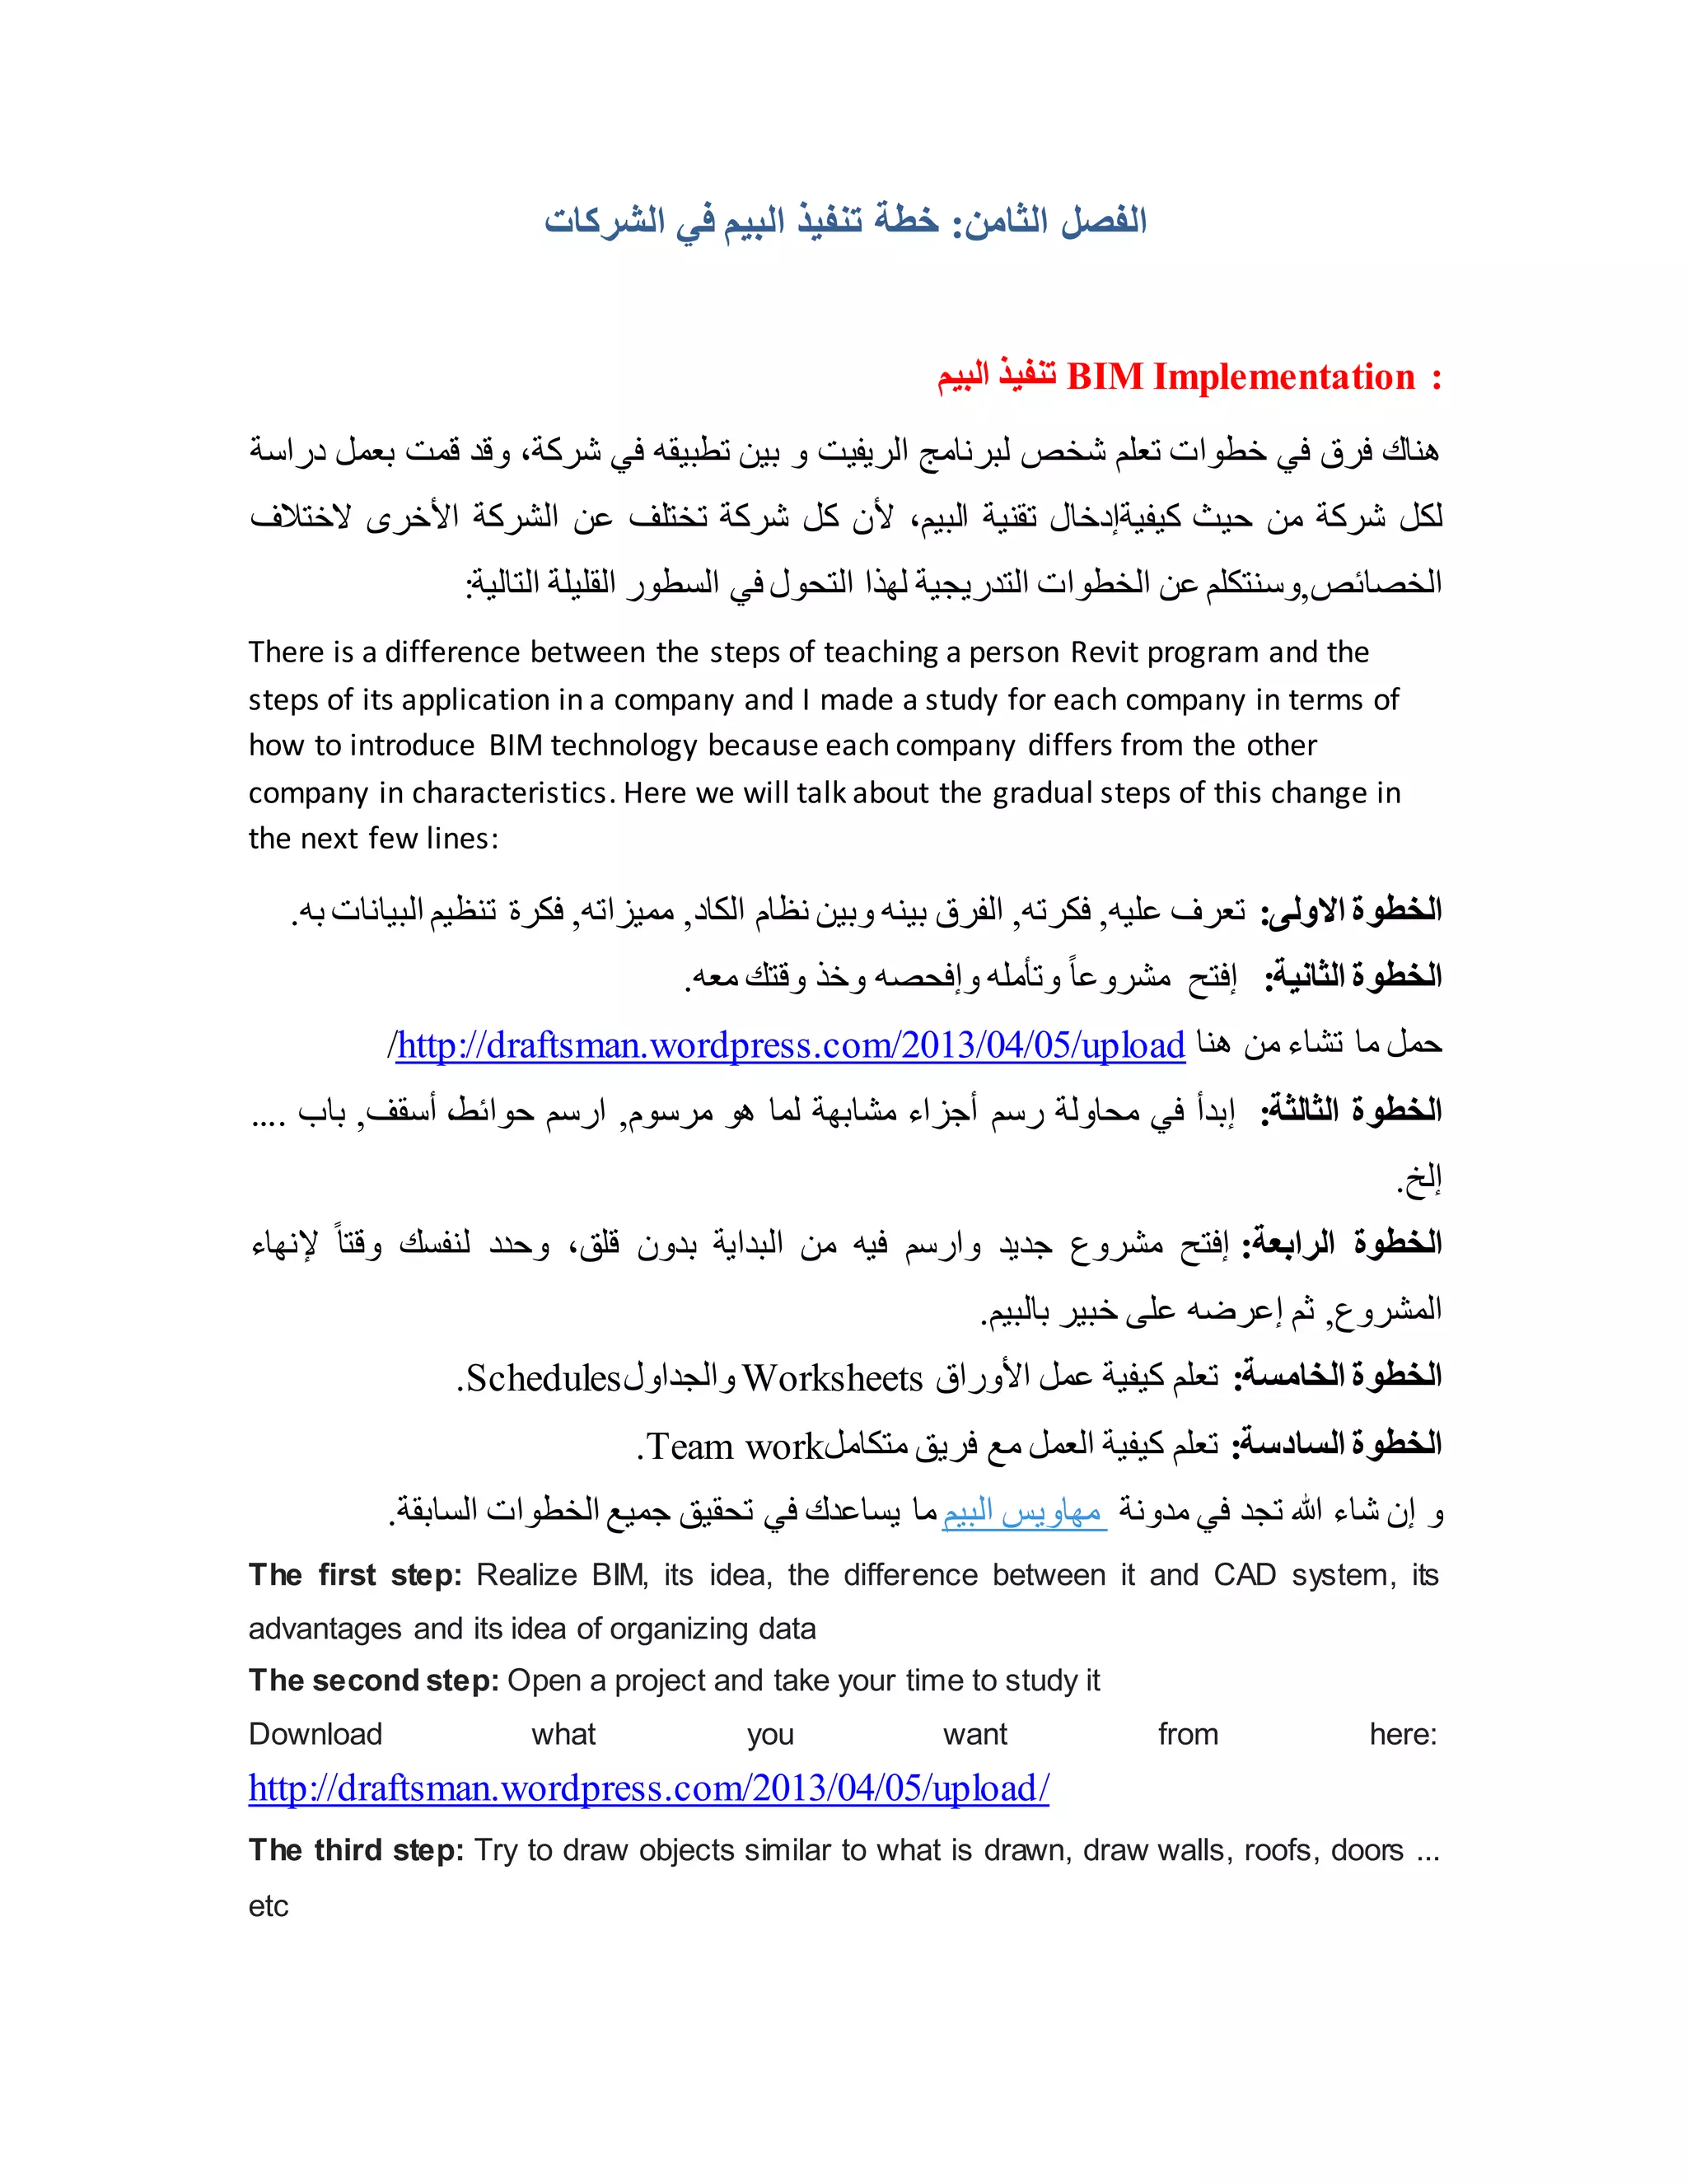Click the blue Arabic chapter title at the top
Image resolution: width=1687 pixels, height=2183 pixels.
pos(844,220)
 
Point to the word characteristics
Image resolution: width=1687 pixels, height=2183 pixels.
pos(510,792)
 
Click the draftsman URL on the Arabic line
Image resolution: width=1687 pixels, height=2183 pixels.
pos(791,1045)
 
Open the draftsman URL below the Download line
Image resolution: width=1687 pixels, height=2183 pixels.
pos(648,1788)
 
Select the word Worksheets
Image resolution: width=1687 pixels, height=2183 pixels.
pos(833,1378)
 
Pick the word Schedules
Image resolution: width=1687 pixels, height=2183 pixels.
pos(544,1378)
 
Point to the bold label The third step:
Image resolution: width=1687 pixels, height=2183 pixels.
pos(356,1850)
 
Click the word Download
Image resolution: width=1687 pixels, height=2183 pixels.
pos(315,1734)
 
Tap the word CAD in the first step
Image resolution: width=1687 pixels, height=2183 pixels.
pos(1245,1575)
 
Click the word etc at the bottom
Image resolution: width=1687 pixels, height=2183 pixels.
pos(268,1906)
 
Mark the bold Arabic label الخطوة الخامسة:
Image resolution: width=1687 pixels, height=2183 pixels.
pos(1339,1377)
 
